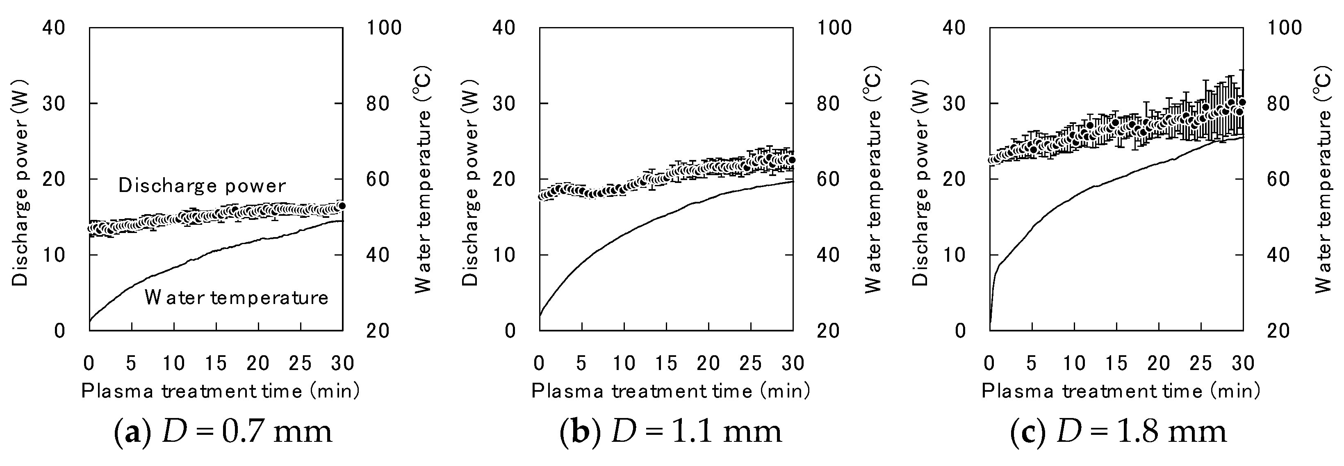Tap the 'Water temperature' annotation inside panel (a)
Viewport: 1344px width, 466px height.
point(236,297)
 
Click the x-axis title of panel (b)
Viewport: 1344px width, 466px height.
point(670,391)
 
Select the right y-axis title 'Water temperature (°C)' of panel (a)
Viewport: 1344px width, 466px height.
point(423,178)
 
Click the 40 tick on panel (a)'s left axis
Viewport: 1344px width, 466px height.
point(54,27)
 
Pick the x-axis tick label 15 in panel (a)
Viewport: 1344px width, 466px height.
point(216,363)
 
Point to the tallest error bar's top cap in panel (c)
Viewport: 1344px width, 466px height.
point(1242,70)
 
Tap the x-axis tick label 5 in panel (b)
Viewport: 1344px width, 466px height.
point(581,363)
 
